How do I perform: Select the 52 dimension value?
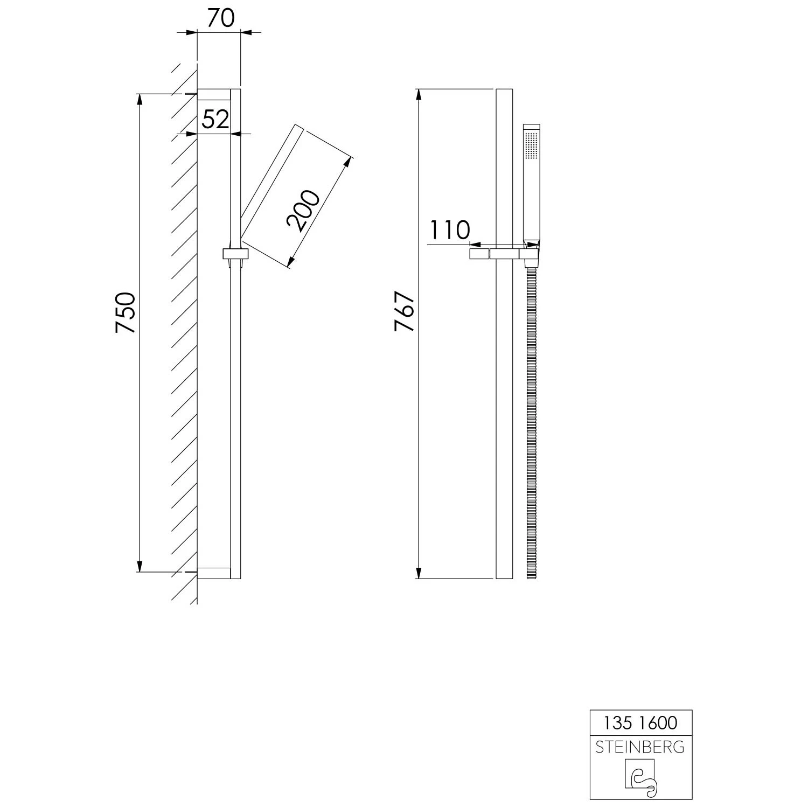tap(215, 119)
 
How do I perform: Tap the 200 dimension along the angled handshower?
tap(303, 211)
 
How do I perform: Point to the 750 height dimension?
tap(125, 312)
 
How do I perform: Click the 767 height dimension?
tap(404, 311)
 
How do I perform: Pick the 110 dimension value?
tap(450, 230)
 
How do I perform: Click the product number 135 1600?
tap(640, 722)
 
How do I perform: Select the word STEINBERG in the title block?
tap(640, 747)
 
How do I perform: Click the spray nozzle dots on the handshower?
tap(531, 145)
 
